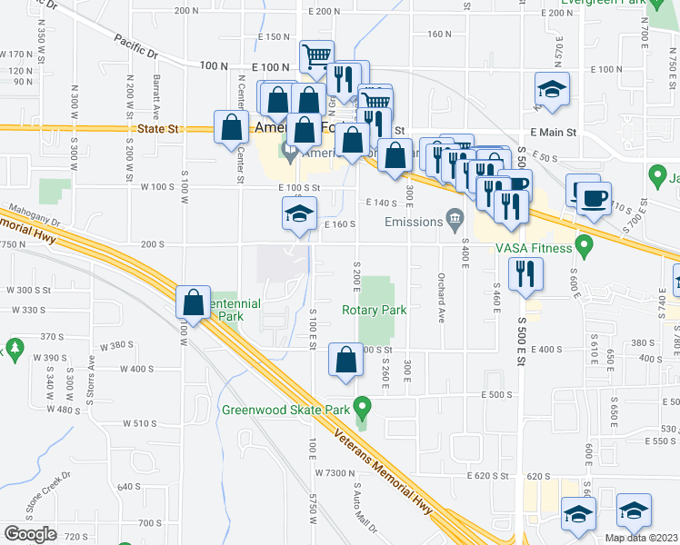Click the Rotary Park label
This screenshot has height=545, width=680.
[x=374, y=310]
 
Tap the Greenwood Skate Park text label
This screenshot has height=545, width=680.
[x=284, y=409]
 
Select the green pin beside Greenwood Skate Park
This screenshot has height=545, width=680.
[x=364, y=406]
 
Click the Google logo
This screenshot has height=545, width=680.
[x=30, y=534]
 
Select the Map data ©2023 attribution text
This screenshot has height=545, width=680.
[x=641, y=538]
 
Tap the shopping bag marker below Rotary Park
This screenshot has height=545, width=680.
[x=346, y=360]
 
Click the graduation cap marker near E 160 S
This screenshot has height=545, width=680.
[x=298, y=216]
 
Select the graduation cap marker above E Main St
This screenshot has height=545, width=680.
[x=551, y=89]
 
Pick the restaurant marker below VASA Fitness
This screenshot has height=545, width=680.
[x=525, y=274]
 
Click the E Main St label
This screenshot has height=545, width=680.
[x=557, y=133]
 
